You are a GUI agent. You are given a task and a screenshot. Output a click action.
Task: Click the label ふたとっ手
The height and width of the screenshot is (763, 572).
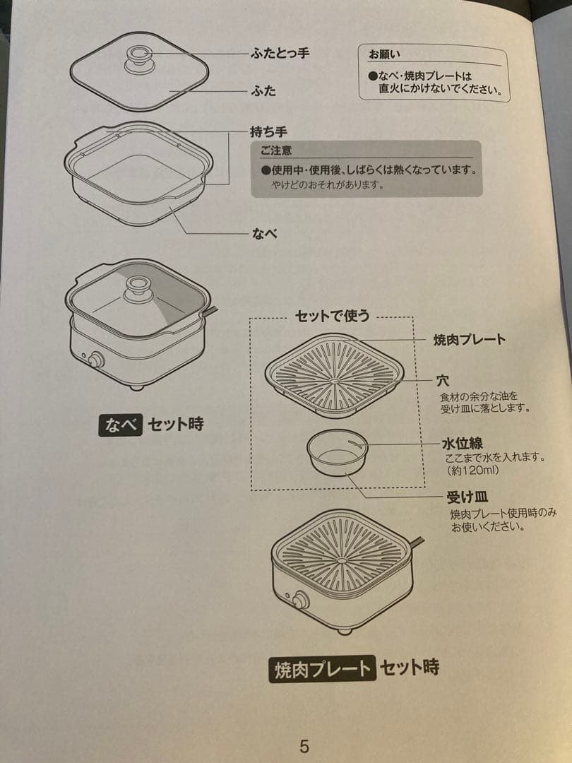(280, 54)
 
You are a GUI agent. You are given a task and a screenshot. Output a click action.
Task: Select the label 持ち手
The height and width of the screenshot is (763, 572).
(268, 131)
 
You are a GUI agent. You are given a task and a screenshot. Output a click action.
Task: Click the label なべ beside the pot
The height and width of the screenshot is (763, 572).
(265, 233)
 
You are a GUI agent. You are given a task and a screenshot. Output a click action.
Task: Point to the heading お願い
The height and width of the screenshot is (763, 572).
(385, 54)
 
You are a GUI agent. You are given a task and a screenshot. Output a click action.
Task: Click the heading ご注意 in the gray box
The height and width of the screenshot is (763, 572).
(275, 150)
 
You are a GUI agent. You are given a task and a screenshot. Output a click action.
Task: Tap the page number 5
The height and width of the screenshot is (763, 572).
(304, 747)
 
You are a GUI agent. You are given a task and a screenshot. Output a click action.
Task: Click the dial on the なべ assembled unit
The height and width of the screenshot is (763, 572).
(95, 359)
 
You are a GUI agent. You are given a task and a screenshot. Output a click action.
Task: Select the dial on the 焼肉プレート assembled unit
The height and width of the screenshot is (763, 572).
(301, 601)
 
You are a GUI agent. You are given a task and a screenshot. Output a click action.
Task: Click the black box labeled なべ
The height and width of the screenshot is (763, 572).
(121, 425)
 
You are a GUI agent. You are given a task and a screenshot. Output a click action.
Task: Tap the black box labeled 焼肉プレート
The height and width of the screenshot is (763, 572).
(321, 668)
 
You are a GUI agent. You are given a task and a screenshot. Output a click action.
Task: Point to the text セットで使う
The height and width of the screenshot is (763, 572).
(332, 316)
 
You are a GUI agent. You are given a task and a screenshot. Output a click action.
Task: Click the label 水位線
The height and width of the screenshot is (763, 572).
(462, 444)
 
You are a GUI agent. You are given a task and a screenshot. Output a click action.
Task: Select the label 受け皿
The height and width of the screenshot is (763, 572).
(468, 497)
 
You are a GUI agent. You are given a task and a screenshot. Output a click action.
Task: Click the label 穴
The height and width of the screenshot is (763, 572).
(443, 381)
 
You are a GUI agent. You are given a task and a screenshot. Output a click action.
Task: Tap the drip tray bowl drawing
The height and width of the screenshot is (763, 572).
(338, 453)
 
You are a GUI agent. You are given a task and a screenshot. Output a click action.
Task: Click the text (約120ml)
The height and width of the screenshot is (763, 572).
(472, 470)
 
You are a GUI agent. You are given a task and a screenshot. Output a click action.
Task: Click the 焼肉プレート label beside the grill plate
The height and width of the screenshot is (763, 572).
(469, 339)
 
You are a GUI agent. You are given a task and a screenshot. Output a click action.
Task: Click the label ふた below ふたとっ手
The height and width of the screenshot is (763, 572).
(263, 90)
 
